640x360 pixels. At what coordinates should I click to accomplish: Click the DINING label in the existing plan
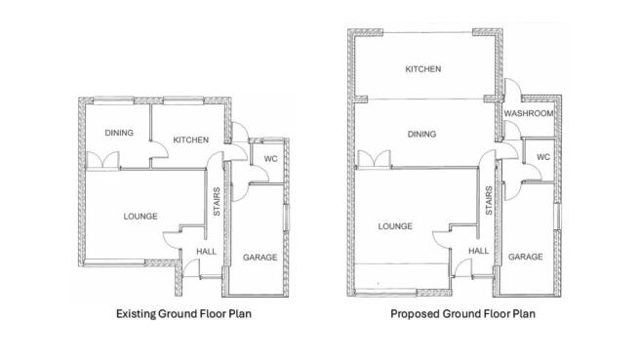[120, 134]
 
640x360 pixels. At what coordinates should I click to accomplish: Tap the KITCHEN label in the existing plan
[190, 140]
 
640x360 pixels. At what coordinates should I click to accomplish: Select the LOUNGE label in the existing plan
[140, 216]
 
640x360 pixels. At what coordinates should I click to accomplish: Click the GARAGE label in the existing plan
[260, 257]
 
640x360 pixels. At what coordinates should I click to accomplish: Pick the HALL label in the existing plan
[206, 252]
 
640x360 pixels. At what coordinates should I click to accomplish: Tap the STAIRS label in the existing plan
[217, 201]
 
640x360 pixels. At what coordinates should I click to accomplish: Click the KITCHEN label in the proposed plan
[423, 70]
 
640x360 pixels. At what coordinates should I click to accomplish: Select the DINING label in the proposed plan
[421, 134]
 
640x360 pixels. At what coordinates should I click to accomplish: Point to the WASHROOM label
[529, 114]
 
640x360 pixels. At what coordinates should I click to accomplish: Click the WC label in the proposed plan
[543, 156]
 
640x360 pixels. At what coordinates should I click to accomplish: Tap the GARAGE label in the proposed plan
[524, 256]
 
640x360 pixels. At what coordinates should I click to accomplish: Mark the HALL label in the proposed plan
[478, 251]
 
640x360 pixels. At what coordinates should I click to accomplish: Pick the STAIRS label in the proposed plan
[488, 201]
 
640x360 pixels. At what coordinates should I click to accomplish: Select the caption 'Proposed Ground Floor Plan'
[462, 314]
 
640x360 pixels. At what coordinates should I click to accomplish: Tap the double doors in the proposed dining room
[374, 159]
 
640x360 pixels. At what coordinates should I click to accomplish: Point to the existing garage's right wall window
[286, 224]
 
